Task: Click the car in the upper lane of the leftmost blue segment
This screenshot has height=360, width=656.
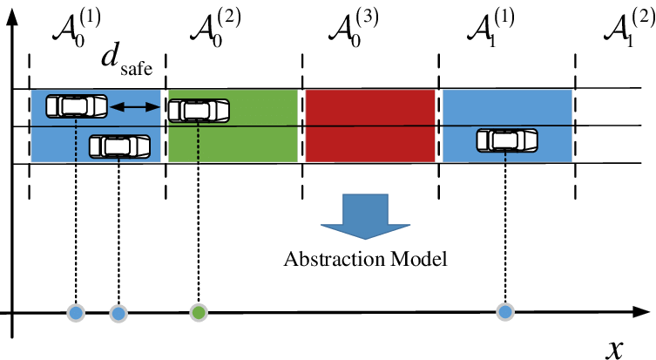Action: [77, 106]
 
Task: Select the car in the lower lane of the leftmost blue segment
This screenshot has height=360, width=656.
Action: [119, 146]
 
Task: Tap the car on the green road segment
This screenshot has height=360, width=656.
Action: [199, 111]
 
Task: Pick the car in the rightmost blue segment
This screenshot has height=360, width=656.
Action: [507, 140]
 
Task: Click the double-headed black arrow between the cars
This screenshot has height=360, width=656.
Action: [135, 107]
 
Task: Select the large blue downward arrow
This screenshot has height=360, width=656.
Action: [365, 214]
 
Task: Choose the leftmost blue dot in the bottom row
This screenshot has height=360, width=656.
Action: [76, 313]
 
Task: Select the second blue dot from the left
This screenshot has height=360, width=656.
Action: [118, 314]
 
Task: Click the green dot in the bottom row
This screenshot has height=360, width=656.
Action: [199, 313]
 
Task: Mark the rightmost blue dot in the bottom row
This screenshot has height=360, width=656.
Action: [505, 312]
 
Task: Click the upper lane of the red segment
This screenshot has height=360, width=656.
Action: [370, 107]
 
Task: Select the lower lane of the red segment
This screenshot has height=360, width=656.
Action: [370, 145]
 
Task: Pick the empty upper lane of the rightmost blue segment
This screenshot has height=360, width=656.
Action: [507, 106]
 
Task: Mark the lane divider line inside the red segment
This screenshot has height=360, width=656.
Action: [370, 126]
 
